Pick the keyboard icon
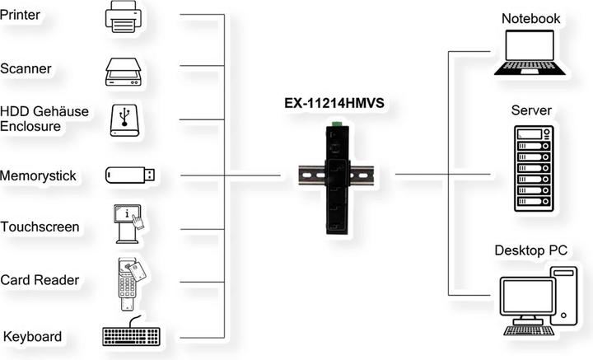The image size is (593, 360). coord(132,335)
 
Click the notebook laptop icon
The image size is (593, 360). coord(530,54)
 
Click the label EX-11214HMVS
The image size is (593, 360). coord(334,105)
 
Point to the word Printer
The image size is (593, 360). coord(21,14)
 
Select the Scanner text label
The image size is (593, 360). coord(26,68)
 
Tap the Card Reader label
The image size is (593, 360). coord(40,280)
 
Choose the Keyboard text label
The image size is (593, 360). coord(32,337)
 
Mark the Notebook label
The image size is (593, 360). coord(530,18)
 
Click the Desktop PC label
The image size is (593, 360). coord(531,250)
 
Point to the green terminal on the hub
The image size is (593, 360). coord(336,124)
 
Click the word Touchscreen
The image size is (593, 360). coord(40,227)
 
